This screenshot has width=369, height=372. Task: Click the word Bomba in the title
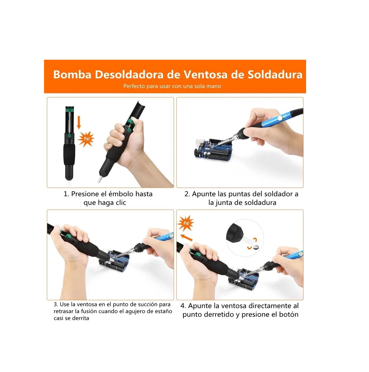(72, 75)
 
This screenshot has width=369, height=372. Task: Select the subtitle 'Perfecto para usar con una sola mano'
(172, 86)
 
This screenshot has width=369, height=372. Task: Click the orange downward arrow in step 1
(79, 123)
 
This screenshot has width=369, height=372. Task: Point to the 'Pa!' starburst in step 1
(86, 139)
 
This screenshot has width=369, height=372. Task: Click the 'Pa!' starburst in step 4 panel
(186, 223)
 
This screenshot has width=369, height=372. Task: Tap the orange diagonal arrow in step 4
(187, 238)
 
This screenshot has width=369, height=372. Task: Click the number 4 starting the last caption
(183, 306)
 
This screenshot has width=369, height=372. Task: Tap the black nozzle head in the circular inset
(235, 232)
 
